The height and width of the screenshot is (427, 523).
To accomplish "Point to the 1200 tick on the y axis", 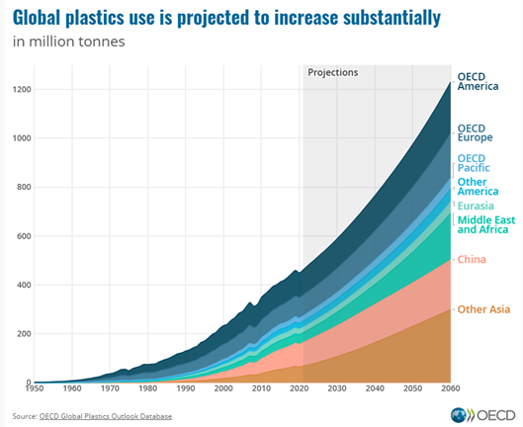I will pos(22,90).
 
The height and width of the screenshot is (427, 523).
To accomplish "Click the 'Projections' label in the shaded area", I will pos(333,73).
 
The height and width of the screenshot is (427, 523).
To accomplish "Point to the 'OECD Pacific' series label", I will pos(475,163).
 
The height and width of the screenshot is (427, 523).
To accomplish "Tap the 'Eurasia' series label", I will pos(477,206).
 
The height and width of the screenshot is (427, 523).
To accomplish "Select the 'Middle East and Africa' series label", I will pos(482,223).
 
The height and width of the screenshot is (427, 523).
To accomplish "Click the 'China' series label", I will pos(471,259).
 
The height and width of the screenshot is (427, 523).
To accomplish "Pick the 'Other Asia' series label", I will pos(483,309).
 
